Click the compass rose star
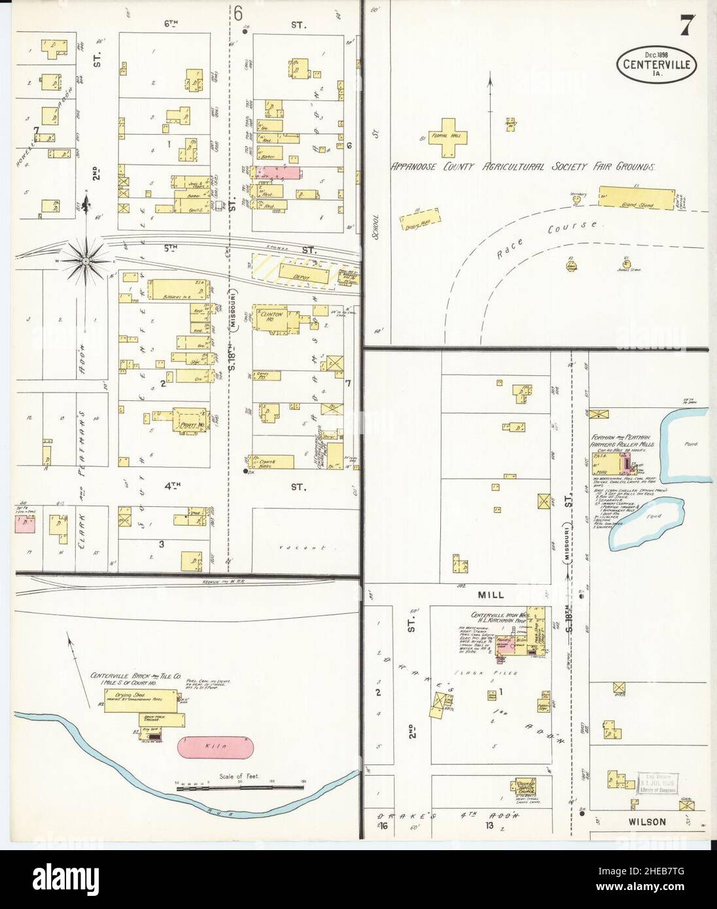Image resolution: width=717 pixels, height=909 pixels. (86, 261)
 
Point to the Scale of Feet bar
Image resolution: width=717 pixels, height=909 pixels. (241, 789)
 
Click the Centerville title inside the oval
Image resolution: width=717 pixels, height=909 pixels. (656, 65)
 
